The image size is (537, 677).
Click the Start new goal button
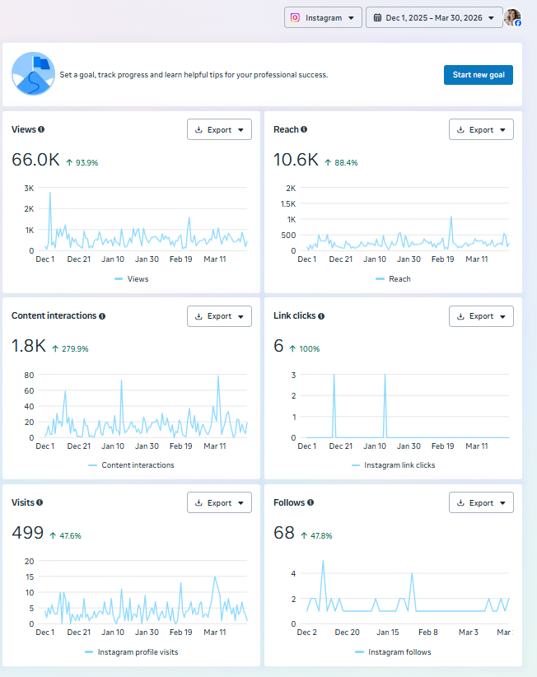point(478,75)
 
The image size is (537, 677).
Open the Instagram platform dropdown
point(323,17)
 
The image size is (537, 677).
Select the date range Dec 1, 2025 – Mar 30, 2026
point(433,17)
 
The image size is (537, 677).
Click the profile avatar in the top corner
point(512,17)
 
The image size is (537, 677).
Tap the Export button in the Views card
point(219,129)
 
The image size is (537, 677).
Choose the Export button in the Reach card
point(481,129)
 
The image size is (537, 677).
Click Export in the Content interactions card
point(219,316)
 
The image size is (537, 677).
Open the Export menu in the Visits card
point(219,503)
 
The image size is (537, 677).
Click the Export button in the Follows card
point(481,503)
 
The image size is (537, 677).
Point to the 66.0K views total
point(35,160)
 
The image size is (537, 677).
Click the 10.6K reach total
point(296,160)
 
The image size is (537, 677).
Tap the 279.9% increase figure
point(70,349)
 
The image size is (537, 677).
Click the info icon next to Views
point(41,129)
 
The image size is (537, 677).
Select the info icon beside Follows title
point(311,502)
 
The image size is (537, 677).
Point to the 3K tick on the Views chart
point(29,188)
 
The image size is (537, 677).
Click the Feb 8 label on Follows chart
point(427,633)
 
